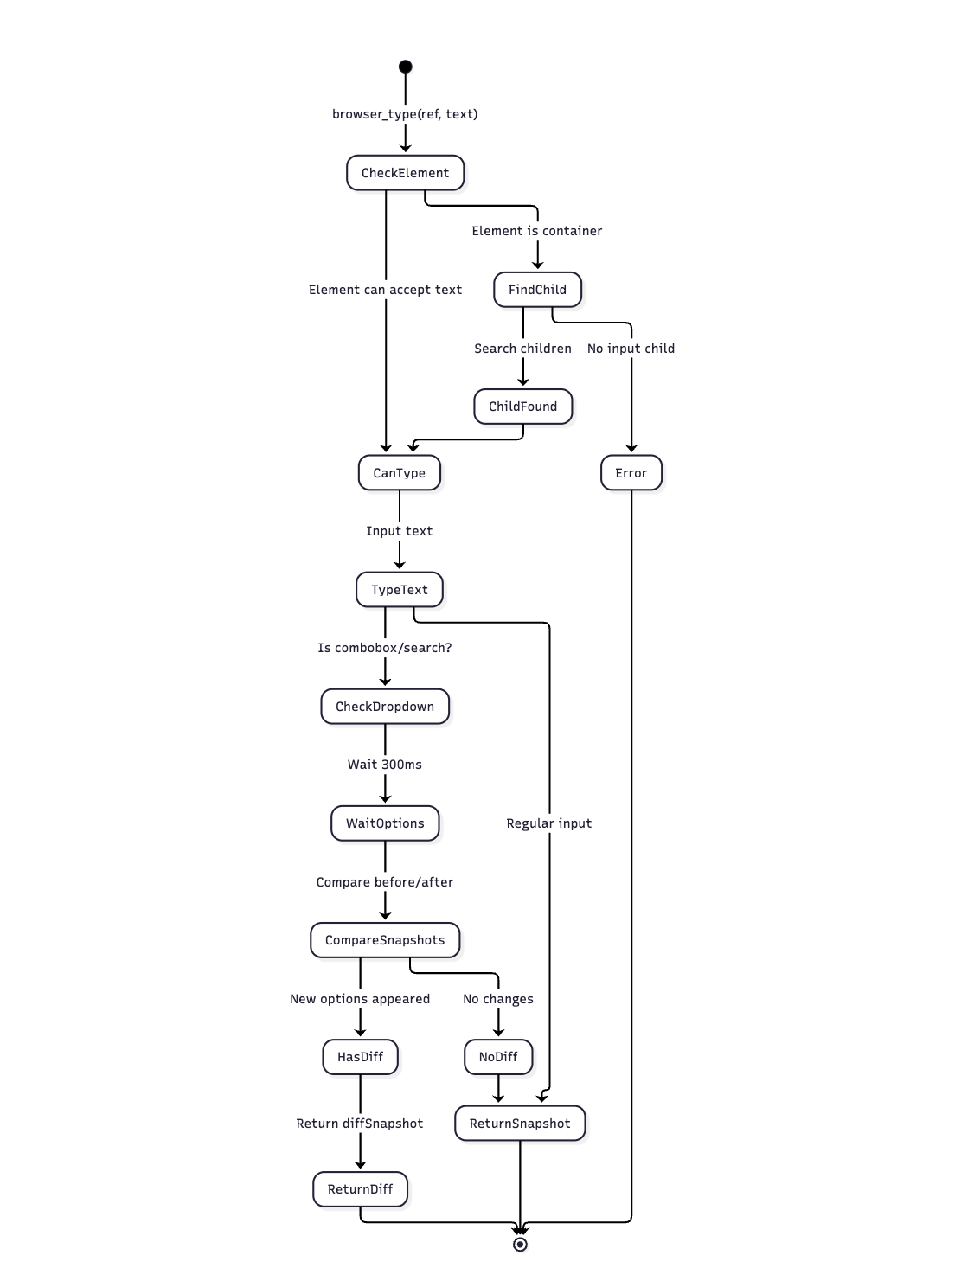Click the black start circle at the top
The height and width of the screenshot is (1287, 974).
coord(405,67)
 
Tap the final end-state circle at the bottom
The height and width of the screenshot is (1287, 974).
coord(520,1244)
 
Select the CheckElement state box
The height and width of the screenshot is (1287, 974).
coord(405,173)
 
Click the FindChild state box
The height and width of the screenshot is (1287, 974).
coord(537,290)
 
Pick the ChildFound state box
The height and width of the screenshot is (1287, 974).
coord(522,407)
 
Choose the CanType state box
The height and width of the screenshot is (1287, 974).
coord(399,473)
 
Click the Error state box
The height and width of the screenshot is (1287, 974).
coord(631,473)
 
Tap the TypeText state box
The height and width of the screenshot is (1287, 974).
coord(399,590)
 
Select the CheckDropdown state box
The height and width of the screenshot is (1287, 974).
coord(385,707)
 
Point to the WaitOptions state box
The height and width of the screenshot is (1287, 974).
coord(385,823)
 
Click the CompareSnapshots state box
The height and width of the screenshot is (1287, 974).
coord(385,940)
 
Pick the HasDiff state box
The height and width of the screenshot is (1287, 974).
coord(360,1057)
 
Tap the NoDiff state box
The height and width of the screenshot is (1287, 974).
coord(498,1057)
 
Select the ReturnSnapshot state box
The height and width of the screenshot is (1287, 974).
coord(520,1124)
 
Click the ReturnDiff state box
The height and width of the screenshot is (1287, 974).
coord(360,1189)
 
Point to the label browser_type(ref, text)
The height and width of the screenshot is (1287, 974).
coord(405,114)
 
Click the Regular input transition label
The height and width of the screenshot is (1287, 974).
coord(549,823)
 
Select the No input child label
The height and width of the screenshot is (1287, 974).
coord(631,349)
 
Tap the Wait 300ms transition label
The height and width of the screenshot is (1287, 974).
coord(385,765)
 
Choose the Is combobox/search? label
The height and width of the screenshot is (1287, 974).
coord(385,648)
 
